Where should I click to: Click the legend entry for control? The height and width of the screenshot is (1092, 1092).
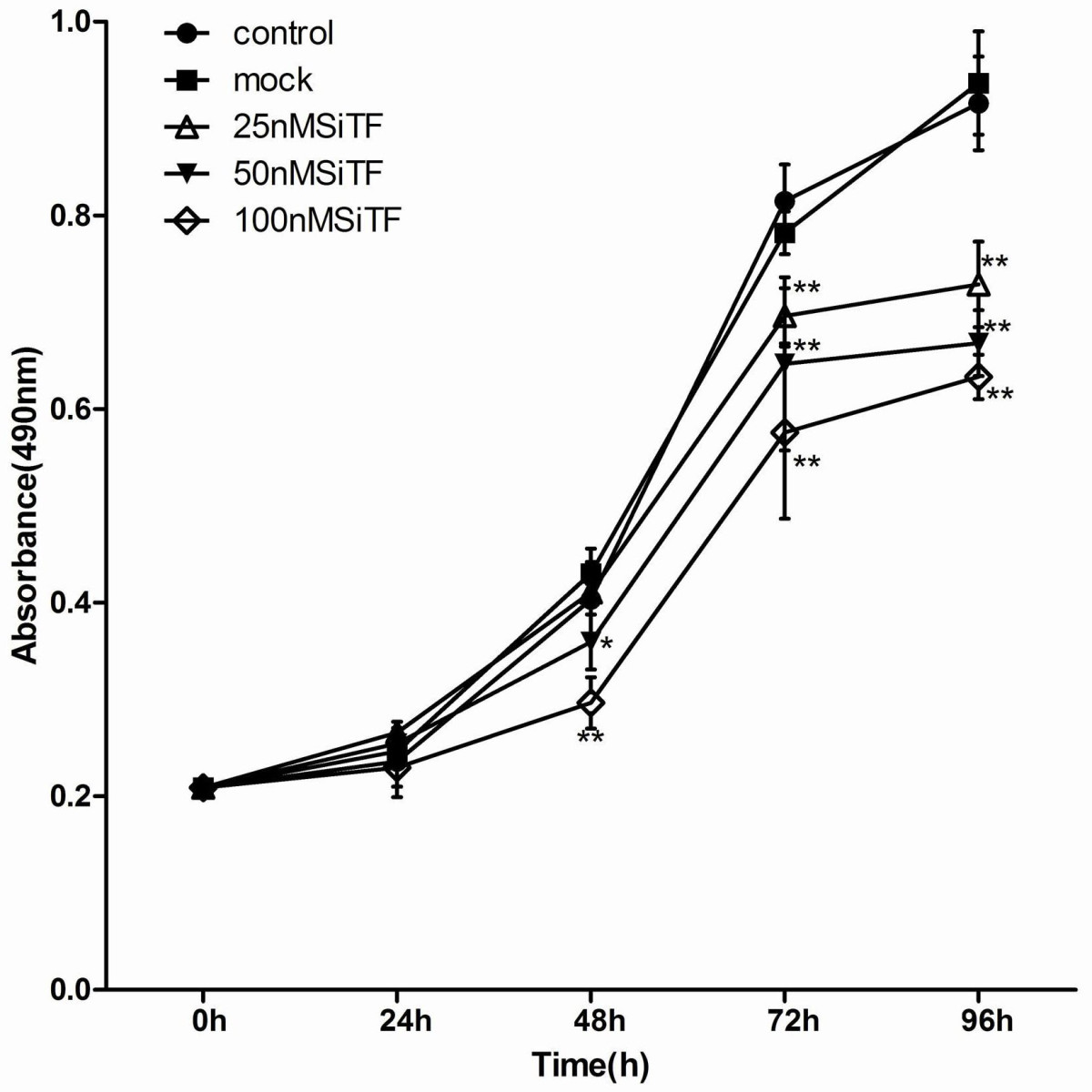[283, 34]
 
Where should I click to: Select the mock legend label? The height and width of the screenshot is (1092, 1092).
[272, 81]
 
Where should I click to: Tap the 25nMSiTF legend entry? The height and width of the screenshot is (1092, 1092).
[308, 126]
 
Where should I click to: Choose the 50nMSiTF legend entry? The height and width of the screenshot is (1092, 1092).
[308, 172]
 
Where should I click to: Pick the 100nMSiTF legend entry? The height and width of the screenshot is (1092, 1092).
[317, 219]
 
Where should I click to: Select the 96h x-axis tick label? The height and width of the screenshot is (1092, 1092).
[979, 1022]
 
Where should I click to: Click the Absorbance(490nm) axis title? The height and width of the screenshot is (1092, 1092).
[27, 505]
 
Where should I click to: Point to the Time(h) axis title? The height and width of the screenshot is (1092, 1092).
[591, 1065]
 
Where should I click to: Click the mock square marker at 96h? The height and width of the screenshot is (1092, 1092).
[979, 84]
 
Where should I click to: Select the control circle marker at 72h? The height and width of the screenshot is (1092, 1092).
[784, 201]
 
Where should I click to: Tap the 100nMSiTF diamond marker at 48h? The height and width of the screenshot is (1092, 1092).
[591, 703]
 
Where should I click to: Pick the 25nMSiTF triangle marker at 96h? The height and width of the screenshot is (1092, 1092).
[979, 285]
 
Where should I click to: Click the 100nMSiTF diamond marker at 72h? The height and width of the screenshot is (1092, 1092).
[784, 432]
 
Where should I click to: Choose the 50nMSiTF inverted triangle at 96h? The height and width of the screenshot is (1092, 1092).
[979, 342]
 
